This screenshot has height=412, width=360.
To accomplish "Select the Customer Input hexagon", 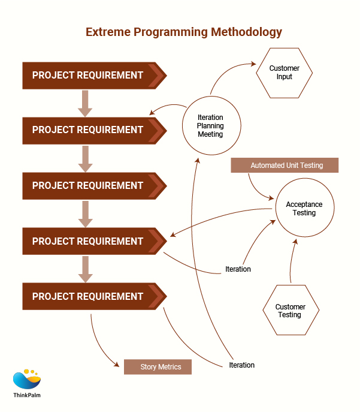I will pos(285,73).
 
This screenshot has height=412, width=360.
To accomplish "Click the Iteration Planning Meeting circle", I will pos(210,126).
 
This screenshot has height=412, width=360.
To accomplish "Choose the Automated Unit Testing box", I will pos(285,165).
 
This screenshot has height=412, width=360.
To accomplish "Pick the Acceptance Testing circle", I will pos(304,208).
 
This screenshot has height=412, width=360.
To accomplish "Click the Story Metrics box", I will pos(158,366).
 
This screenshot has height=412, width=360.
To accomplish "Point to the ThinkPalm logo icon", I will pos(26,380).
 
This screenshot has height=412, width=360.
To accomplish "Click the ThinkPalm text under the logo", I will pos(27,396).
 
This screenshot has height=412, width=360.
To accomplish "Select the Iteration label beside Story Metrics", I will pos(241,365).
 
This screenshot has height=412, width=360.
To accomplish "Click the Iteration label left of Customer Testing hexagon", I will pos(238,269).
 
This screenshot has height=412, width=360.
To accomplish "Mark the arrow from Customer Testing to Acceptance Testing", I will pos(292,258).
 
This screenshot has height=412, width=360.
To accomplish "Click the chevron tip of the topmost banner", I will pos(157,75).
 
